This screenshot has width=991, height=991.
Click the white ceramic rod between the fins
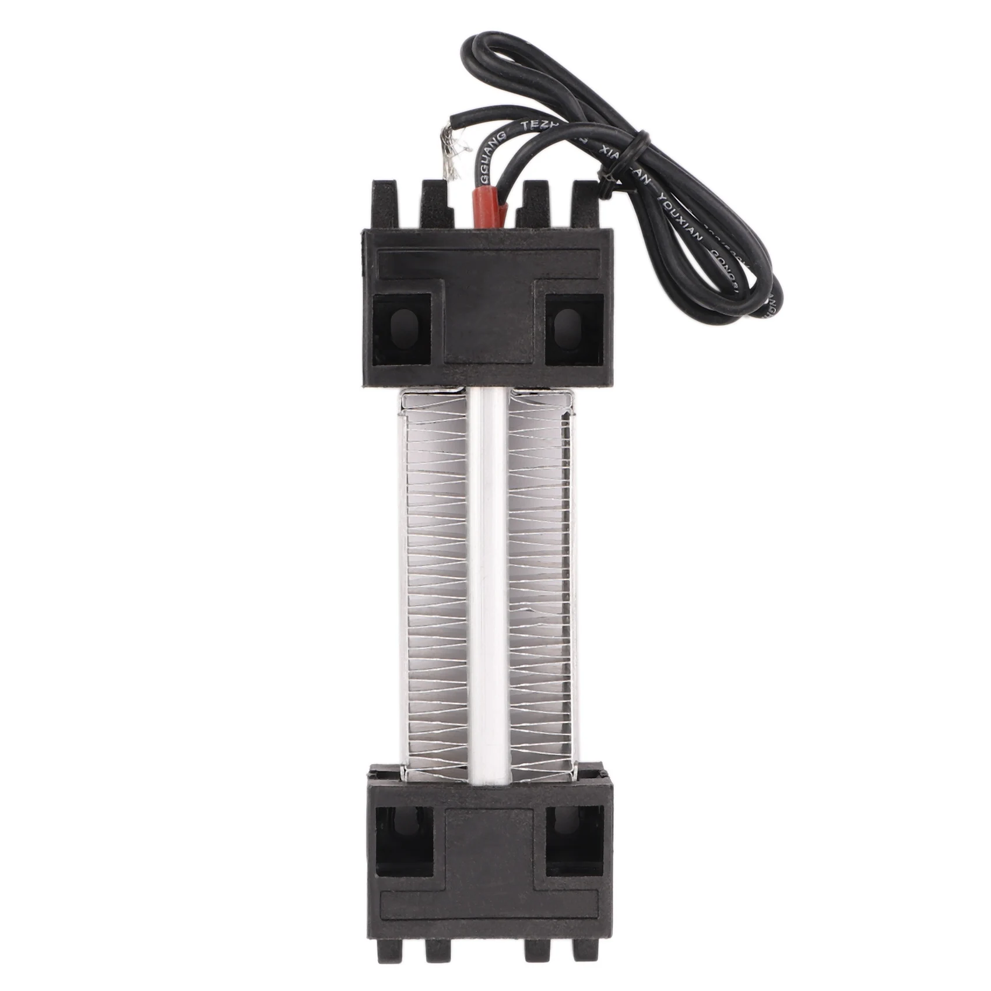pyautogui.click(x=488, y=583)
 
